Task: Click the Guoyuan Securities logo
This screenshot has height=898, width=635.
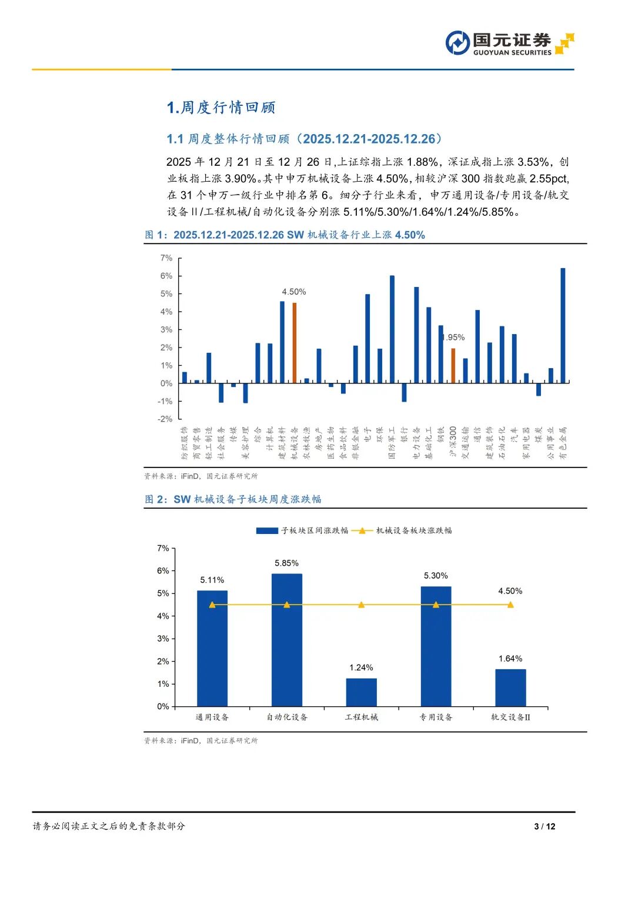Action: tap(509, 43)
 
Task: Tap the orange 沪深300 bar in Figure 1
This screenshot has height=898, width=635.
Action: tap(453, 365)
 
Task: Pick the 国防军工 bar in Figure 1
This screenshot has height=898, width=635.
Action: tap(392, 329)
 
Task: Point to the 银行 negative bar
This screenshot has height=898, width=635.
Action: tap(405, 392)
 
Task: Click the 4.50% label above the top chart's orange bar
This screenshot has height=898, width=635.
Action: tap(294, 292)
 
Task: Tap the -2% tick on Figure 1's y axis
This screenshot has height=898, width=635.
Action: tap(165, 419)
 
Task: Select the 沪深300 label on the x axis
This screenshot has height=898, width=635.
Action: tap(453, 442)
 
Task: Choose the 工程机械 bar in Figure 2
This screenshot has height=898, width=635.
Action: tap(361, 692)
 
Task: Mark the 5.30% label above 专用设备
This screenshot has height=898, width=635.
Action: tap(436, 576)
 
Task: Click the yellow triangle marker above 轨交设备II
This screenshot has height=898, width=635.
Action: tap(510, 605)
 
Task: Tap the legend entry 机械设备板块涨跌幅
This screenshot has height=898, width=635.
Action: tap(414, 530)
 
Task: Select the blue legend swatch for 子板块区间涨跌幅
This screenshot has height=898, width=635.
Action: tap(267, 530)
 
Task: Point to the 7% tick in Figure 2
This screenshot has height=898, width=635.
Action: tap(163, 548)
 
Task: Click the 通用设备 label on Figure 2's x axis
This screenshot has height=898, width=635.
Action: tap(212, 717)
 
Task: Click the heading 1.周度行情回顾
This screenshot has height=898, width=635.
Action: tap(221, 107)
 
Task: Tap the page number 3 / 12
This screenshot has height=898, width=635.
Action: tap(544, 826)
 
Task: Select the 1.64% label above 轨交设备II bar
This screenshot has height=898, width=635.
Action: tap(510, 659)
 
